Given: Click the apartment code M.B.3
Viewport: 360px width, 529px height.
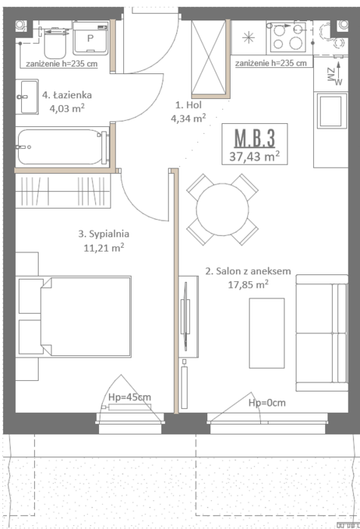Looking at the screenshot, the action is coord(255,138).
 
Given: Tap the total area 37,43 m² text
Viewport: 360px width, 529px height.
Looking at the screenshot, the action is coord(254,156).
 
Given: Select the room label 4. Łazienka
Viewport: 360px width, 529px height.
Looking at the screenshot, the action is coord(67,94).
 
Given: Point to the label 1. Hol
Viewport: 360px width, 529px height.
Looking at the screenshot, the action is coord(188,105).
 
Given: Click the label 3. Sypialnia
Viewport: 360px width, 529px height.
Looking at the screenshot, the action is coord(104,234).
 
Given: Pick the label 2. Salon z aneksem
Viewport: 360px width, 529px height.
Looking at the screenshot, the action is coord(248,271).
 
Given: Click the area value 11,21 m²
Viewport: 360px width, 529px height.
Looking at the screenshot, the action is coord(104,248).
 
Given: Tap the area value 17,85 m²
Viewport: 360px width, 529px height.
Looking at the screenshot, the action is coord(248,284).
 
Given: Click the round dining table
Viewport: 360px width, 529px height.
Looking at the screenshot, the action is coord(222,209).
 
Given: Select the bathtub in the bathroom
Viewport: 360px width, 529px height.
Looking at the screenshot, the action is coord(63,147).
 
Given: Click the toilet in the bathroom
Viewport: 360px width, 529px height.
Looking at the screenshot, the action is coord(54,42).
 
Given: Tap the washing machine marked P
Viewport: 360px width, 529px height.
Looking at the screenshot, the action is coord(91,38).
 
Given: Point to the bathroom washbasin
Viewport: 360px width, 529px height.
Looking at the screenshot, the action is coord(27,97).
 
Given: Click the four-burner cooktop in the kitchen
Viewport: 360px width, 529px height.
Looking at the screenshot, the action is coord(287,37).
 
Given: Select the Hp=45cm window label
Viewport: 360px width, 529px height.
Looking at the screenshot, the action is coord(129,397).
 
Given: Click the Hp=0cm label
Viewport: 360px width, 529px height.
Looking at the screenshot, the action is coord(267,403).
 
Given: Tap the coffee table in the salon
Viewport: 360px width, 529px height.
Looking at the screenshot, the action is coord(267,333).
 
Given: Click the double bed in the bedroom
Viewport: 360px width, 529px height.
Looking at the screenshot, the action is coord(85,317).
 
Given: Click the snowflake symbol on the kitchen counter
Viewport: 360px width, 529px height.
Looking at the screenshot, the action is coord(249,37).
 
